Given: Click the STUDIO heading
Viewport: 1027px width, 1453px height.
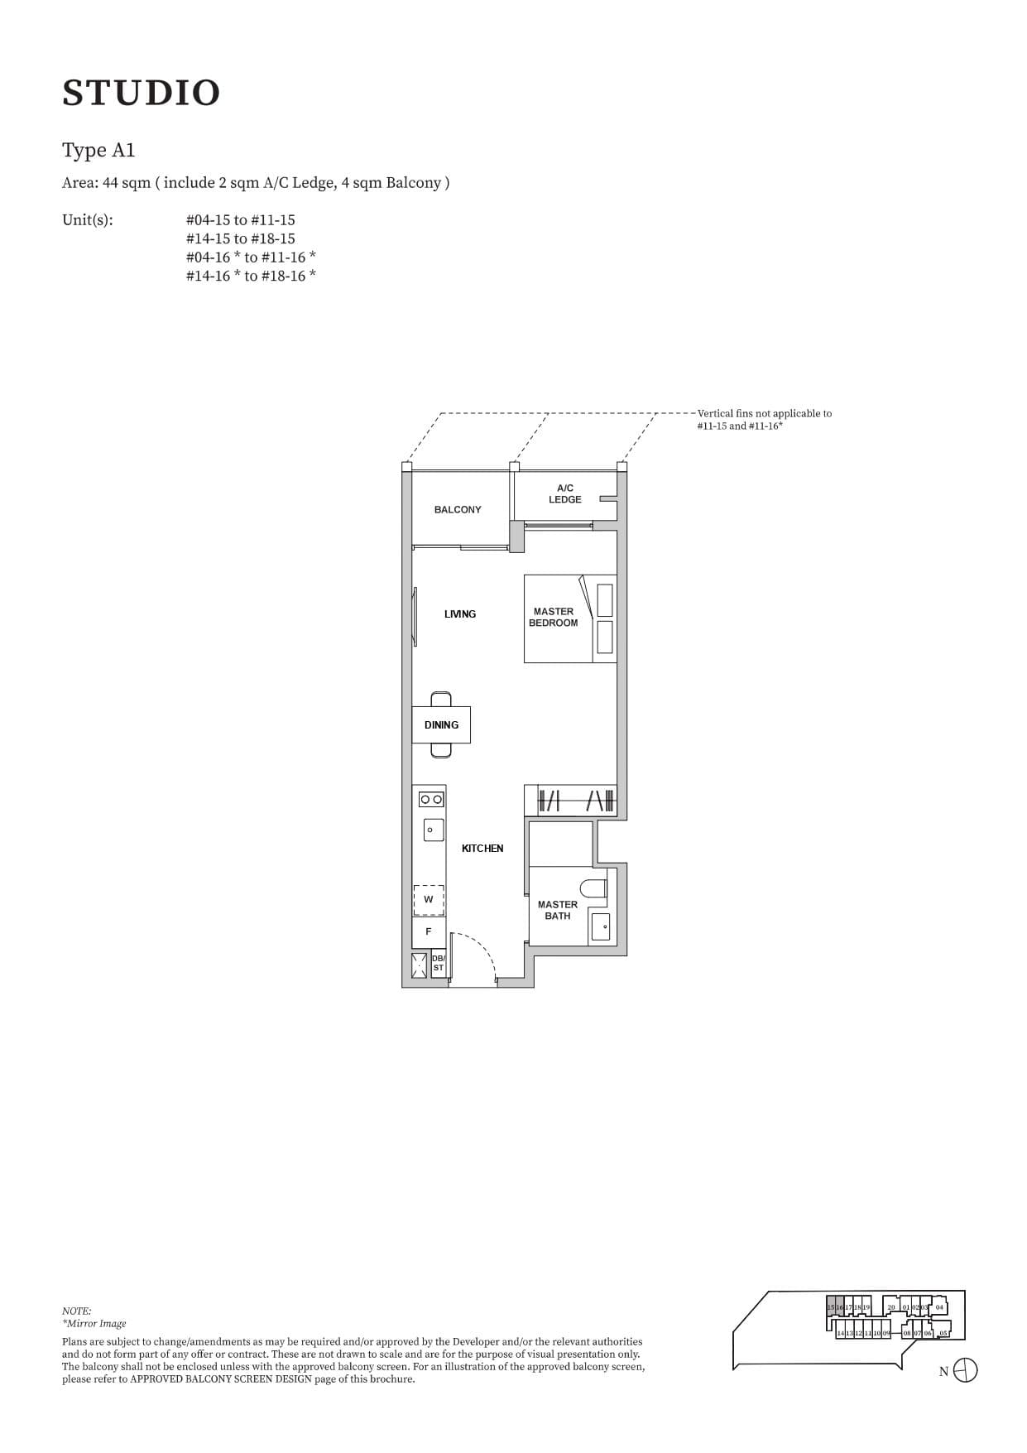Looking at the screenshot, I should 141,93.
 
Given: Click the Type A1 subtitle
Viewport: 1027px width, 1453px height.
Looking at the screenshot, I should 98,151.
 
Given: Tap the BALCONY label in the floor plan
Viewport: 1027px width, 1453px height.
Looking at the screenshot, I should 457,510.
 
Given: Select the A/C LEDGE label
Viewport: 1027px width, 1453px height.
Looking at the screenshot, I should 564,494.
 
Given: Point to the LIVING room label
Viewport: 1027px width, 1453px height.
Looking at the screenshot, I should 459,614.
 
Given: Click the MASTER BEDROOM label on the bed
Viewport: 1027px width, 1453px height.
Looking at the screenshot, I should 554,618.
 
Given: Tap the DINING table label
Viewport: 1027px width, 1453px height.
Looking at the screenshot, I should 441,725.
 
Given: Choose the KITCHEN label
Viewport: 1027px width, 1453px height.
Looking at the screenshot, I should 482,849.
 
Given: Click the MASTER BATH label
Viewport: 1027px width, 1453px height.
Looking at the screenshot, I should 558,911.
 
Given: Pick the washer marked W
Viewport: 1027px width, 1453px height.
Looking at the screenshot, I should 429,900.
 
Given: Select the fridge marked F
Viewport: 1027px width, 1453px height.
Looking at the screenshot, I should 429,932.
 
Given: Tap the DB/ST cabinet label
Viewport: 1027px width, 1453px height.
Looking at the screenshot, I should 439,963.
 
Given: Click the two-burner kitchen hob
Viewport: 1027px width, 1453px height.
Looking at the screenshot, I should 431,800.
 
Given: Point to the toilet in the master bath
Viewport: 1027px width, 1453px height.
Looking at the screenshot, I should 593,888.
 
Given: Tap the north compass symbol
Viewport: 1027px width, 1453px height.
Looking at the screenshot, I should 965,1371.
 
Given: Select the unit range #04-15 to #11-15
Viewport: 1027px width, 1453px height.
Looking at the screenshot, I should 240,220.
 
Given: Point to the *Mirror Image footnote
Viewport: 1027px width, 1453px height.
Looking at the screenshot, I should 94,1323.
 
